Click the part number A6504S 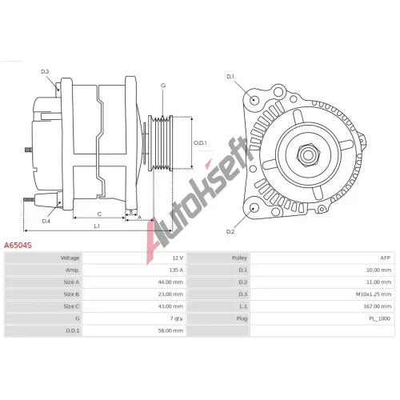18,246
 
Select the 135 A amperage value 176,270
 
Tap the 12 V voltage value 178,258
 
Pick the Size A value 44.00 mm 170,282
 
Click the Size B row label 71,294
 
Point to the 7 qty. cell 177,318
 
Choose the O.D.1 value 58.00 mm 170,330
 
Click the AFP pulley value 385,258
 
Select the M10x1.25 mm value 374,294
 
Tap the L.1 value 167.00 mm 378,306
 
